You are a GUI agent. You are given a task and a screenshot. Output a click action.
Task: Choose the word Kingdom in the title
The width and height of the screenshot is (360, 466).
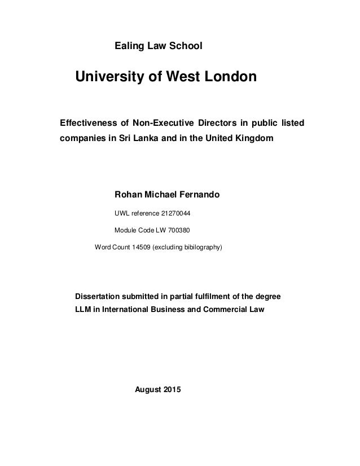click(x=251, y=139)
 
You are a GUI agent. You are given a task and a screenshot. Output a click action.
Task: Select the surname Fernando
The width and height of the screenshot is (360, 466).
click(x=199, y=195)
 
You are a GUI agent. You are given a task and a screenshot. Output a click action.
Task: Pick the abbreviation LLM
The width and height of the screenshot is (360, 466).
click(x=83, y=310)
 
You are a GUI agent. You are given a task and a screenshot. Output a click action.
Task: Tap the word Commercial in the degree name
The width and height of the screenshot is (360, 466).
click(x=226, y=310)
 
